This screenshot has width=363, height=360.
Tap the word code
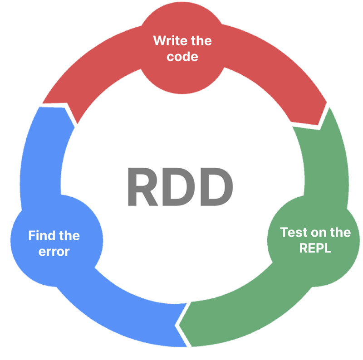point(182,57)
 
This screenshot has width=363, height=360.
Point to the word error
point(54,252)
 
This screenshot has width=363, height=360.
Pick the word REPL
point(315,248)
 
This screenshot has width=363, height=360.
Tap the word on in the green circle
point(316,233)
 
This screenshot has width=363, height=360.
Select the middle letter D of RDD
point(177,186)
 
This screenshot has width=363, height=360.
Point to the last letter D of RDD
point(212,186)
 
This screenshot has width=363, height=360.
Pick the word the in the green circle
point(338,233)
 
